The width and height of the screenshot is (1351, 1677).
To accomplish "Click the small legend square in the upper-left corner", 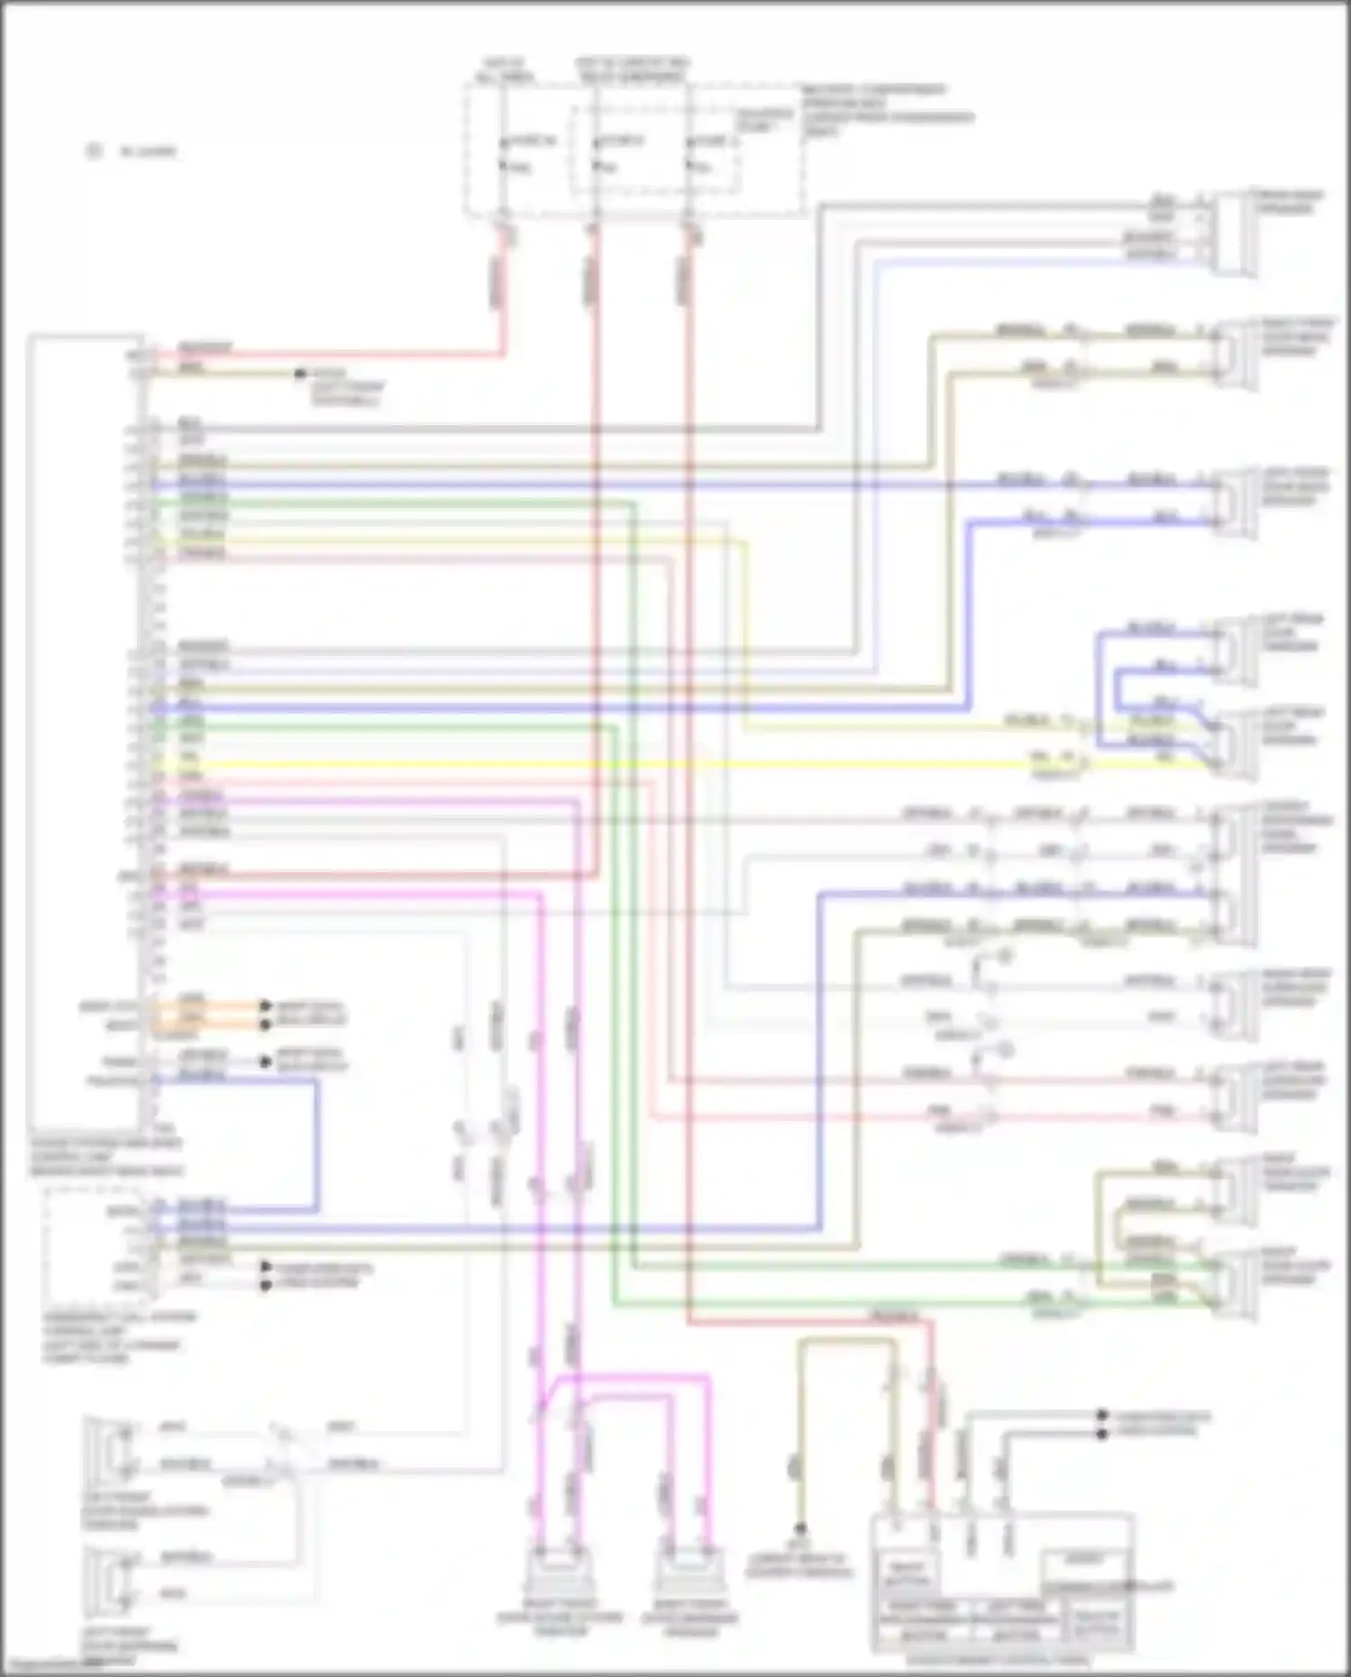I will (93, 150).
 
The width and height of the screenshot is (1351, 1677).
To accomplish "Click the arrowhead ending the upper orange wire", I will (265, 1005).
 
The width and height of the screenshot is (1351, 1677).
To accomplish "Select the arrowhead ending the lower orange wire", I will (265, 1025).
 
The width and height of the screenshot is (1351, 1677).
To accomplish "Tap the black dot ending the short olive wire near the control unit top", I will (301, 373).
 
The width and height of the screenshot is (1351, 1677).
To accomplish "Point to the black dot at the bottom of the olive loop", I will (800, 1528).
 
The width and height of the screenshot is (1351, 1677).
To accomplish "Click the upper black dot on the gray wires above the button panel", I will (1101, 1416).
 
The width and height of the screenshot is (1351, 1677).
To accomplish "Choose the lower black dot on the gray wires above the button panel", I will (1101, 1433).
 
